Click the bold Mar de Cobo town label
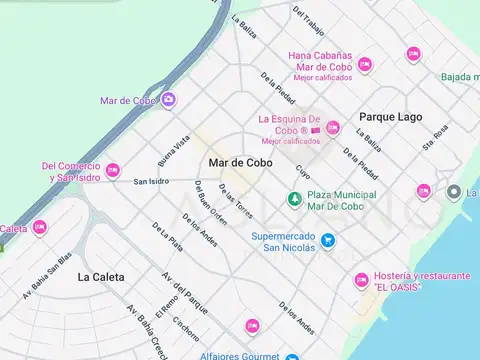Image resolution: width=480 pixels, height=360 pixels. [x=240, y=162]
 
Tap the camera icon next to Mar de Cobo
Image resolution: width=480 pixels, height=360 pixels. [x=168, y=99]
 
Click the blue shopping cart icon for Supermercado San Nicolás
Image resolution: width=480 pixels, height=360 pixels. [x=328, y=241]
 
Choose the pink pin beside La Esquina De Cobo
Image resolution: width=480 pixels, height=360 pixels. [x=332, y=127]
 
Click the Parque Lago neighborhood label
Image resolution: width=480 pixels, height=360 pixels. [x=390, y=117]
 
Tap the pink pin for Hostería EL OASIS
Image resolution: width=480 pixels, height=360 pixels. [x=361, y=281]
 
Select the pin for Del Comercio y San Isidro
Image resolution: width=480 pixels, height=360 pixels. [x=112, y=171]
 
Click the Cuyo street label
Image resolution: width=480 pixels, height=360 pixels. [x=303, y=172]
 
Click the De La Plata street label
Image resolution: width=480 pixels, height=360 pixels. [x=167, y=236]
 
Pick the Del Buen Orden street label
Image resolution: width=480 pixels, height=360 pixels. [x=211, y=206]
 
